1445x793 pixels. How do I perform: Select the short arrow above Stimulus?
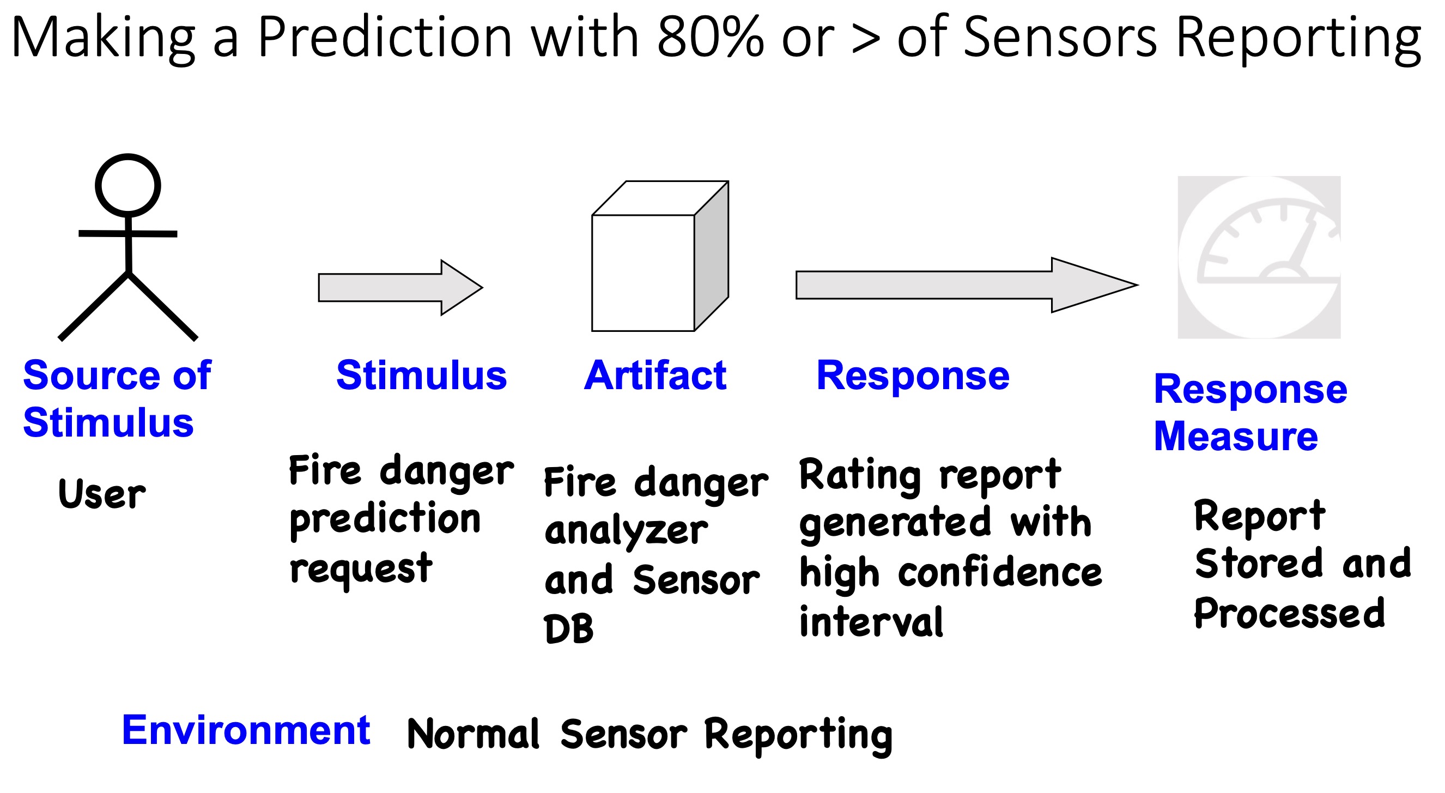point(400,287)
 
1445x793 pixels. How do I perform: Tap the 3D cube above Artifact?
point(660,256)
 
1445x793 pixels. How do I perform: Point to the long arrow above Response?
point(967,285)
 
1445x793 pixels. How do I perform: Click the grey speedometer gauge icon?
point(1259,257)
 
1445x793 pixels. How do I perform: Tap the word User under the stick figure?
point(101,494)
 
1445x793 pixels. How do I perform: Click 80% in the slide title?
point(709,37)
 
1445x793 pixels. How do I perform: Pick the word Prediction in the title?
point(384,37)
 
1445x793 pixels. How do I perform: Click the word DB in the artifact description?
point(568,628)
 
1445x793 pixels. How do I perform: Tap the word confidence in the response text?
point(1000,572)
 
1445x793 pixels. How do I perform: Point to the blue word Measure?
point(1235,436)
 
